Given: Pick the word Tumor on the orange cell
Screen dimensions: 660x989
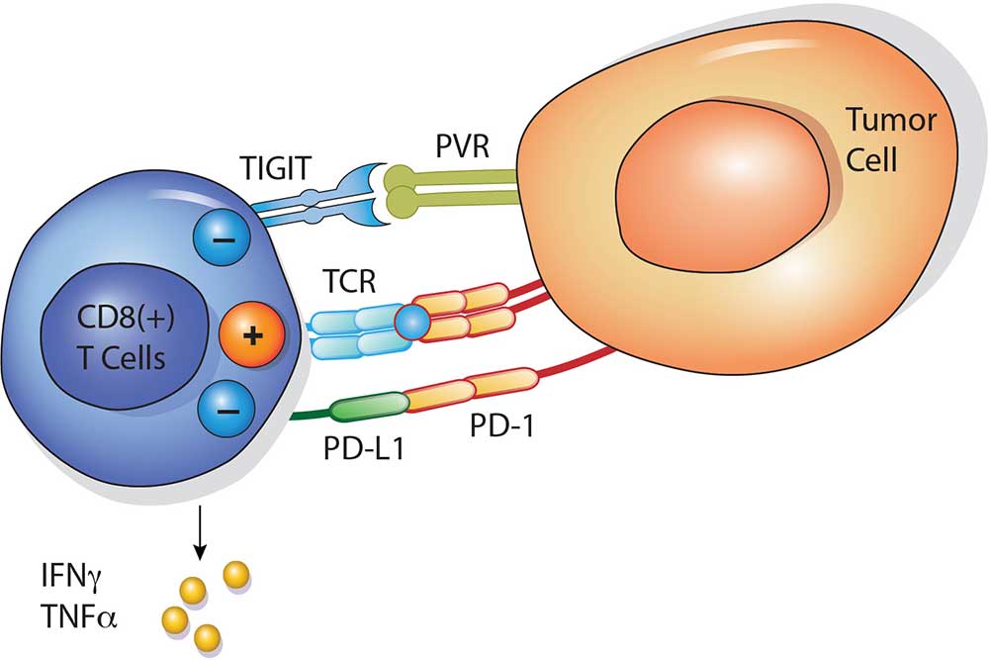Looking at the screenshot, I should click(x=889, y=123).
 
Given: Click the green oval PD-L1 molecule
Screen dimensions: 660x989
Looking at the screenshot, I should click(x=369, y=408).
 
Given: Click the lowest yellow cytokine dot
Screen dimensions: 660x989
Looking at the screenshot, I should click(x=206, y=635).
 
